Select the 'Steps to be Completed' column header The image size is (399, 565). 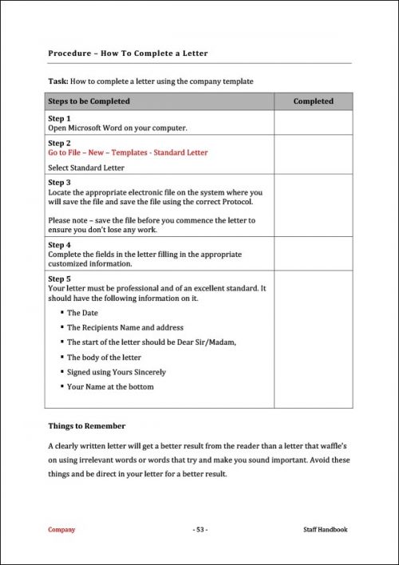89,101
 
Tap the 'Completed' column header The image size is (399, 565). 313,101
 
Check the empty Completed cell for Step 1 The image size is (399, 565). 313,122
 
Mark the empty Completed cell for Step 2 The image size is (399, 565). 313,155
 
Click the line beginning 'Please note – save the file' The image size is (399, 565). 152,219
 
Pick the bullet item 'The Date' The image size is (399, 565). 82,313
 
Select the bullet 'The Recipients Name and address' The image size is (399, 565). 124,327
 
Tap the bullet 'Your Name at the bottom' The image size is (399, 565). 110,386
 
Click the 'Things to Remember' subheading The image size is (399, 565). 86,426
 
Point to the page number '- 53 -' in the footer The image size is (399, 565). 199,529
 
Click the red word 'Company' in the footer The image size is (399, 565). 61,529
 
